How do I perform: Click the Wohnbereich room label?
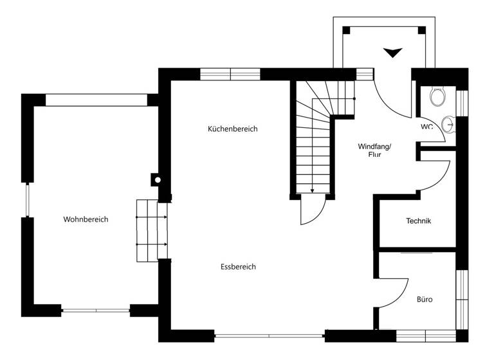(x=86, y=219)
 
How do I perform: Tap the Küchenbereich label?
(x=232, y=129)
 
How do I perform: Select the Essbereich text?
(x=238, y=267)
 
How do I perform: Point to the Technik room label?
(x=418, y=221)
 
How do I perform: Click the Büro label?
(x=425, y=300)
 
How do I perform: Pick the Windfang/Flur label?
(x=374, y=150)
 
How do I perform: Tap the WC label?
(x=427, y=127)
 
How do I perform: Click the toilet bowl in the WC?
(x=438, y=97)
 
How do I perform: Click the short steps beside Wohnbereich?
(x=152, y=231)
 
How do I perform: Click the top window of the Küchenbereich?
(x=230, y=74)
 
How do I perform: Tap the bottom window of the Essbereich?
(x=270, y=336)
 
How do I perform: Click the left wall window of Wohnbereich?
(x=28, y=200)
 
